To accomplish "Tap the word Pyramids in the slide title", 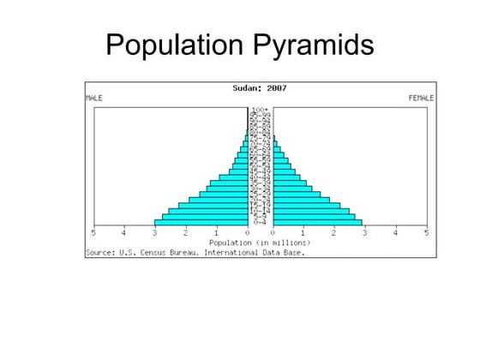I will [x=313, y=44].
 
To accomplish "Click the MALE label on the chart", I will [x=94, y=98].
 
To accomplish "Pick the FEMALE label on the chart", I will [x=421, y=98].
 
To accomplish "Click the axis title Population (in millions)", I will [x=259, y=243].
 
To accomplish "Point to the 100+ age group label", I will [x=260, y=110].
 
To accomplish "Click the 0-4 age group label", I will [x=260, y=223].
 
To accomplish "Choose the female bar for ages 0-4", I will [x=318, y=223].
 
